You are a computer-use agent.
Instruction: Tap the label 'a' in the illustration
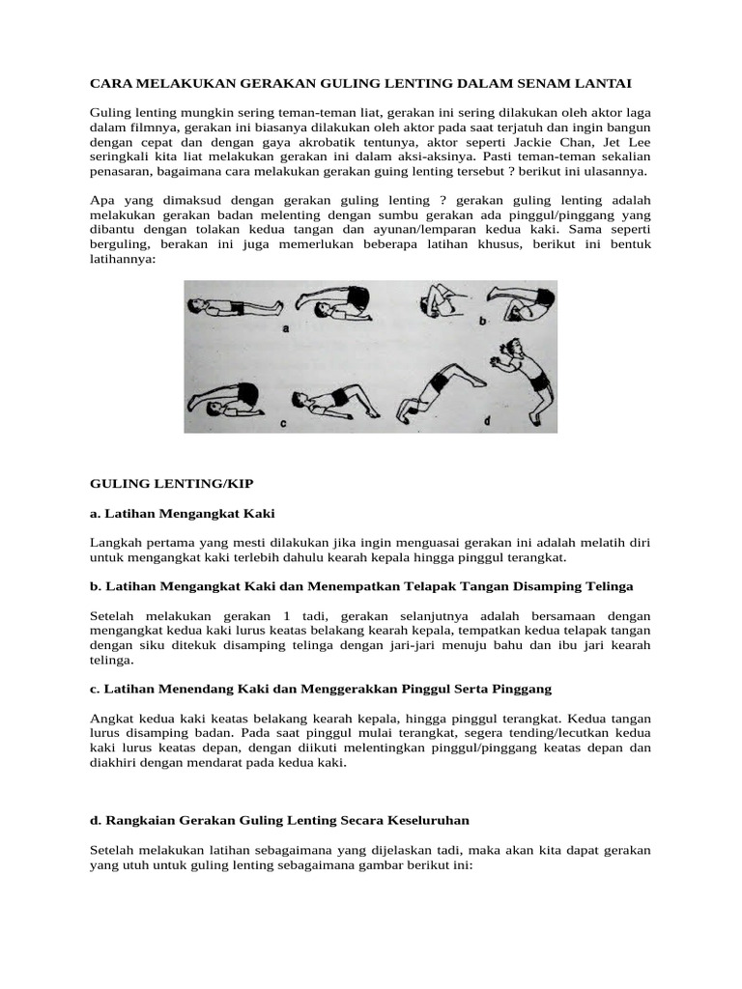point(287,328)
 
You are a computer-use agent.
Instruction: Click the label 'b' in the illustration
point(481,320)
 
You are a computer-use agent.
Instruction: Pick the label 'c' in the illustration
point(283,423)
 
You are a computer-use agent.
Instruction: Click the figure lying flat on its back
point(233,308)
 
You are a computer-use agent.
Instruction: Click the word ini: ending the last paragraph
point(455,866)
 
